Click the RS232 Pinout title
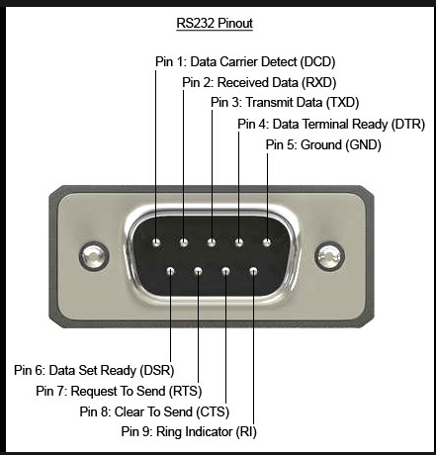point(215,24)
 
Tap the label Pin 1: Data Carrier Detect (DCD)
point(245,62)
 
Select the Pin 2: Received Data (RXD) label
point(259,82)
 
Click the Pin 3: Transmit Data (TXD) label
point(285,102)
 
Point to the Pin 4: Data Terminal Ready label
point(331,125)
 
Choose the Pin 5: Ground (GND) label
point(323,144)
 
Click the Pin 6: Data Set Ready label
point(94,370)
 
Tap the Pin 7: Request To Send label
point(119,391)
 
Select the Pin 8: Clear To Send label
point(154,411)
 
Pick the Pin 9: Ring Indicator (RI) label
point(189,431)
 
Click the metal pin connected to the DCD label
point(156,243)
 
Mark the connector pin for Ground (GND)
point(267,243)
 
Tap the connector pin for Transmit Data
point(212,243)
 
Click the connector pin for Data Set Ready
point(170,271)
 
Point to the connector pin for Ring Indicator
point(253,271)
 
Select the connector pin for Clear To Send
point(225,271)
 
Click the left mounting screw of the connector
point(94,256)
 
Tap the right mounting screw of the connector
point(329,256)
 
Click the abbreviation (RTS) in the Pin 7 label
point(185,392)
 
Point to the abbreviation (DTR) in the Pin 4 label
point(408,125)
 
